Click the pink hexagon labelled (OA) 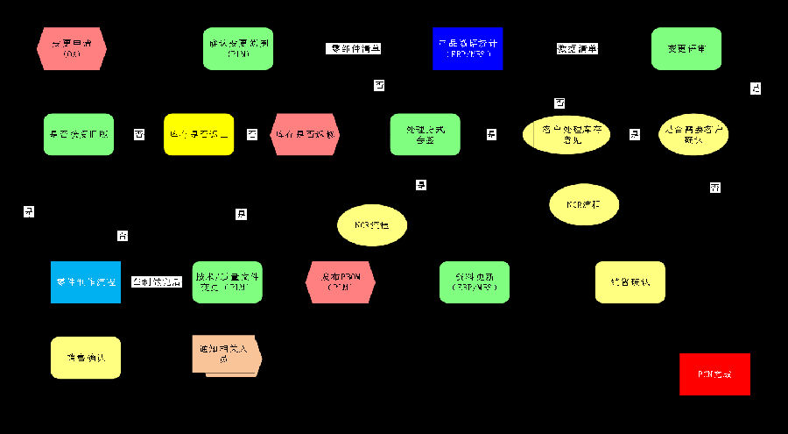click(72, 48)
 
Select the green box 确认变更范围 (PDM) click(238, 48)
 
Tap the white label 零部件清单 click(353, 49)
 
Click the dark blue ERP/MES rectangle click(468, 48)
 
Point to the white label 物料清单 click(578, 49)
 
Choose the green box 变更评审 click(686, 48)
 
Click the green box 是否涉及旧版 click(79, 134)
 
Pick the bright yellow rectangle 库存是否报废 click(199, 134)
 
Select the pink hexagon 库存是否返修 click(305, 134)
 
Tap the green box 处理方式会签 click(425, 134)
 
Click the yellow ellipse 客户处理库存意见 click(567, 134)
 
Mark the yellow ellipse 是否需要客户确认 click(693, 134)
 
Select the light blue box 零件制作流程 click(86, 282)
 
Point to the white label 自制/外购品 click(156, 281)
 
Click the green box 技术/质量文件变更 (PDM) click(227, 282)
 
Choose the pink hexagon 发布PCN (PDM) click(341, 282)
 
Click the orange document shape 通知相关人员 click(225, 356)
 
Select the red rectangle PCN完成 click(714, 374)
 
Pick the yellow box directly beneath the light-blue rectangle click(86, 358)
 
